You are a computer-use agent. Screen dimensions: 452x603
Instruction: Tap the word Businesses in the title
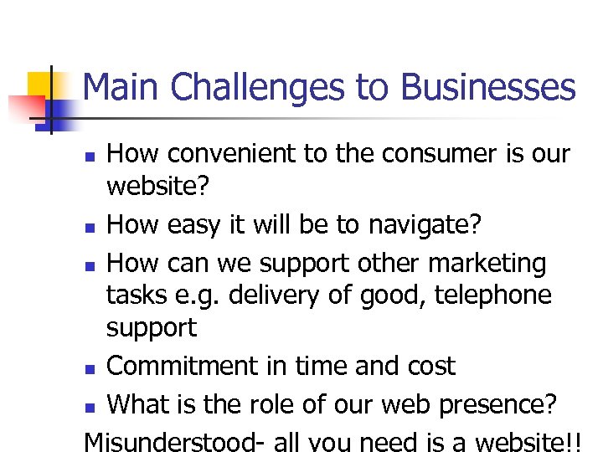[x=488, y=88]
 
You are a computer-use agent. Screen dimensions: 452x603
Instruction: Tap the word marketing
[x=487, y=265]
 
